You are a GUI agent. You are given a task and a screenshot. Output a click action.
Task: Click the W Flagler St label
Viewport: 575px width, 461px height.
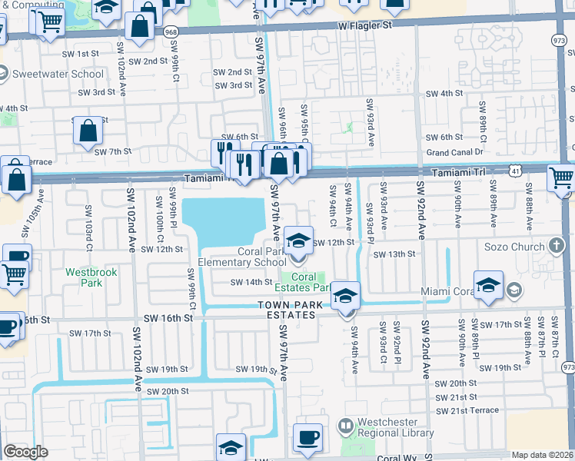tap(364, 25)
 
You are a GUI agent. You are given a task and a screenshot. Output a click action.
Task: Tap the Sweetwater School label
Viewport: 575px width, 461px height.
tap(58, 74)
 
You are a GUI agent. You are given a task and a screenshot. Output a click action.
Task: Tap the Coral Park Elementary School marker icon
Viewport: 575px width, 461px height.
tap(298, 241)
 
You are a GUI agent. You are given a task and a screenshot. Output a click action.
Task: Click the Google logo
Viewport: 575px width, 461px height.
tap(26, 451)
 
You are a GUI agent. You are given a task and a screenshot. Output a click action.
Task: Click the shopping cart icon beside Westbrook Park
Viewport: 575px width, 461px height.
tap(13, 275)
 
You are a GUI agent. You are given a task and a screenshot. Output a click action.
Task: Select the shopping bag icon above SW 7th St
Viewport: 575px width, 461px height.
tap(88, 131)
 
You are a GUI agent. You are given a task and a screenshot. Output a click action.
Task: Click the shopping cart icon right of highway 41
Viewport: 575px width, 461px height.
tap(561, 178)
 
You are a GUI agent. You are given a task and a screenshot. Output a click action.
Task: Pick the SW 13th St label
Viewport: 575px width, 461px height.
tap(394, 254)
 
